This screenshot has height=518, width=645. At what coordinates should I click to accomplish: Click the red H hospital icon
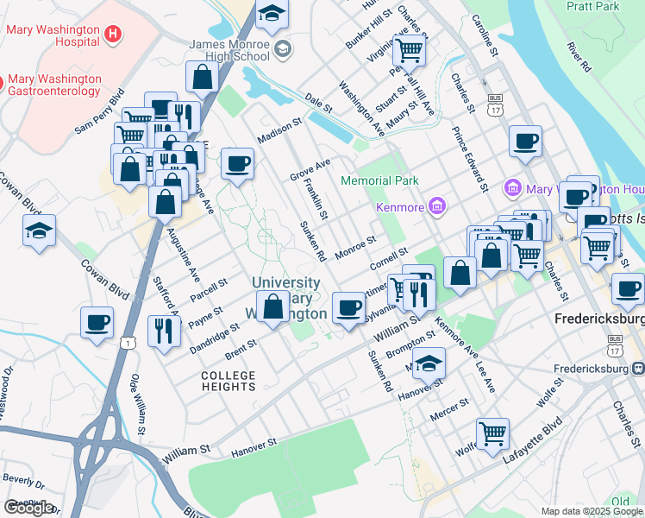(x=111, y=35)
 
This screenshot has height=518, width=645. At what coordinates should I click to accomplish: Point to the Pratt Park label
(x=593, y=7)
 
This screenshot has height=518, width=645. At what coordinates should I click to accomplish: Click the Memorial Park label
(x=379, y=180)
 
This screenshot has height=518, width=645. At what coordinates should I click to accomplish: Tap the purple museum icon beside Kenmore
(x=438, y=207)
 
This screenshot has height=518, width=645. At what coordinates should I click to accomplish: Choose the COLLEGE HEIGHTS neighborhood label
(x=229, y=381)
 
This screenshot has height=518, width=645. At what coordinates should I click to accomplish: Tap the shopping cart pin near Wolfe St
(x=493, y=433)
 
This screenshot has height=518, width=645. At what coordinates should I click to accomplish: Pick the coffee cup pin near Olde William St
(x=97, y=322)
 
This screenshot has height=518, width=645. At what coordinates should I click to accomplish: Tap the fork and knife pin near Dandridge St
(x=162, y=330)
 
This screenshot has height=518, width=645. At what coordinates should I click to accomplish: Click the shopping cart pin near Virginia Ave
(x=409, y=50)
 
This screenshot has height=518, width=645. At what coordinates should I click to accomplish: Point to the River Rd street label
(x=579, y=56)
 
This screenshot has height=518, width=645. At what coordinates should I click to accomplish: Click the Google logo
(x=28, y=508)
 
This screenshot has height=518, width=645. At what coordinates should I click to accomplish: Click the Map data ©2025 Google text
(x=592, y=511)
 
